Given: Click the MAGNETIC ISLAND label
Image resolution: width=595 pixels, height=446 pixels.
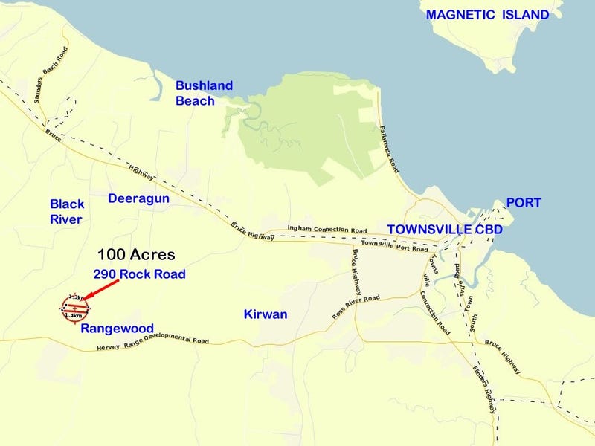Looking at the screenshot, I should coord(488,15).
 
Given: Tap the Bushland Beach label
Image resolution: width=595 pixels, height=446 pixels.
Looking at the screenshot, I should coord(204,93).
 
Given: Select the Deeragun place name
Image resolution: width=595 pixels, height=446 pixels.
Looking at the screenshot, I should coord(139,198).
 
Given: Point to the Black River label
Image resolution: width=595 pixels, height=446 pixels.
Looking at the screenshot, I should coord(67,211).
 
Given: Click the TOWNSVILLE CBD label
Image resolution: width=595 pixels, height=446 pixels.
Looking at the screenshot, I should coord(445,229).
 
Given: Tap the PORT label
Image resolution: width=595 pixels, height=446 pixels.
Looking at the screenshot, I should coord(524,203).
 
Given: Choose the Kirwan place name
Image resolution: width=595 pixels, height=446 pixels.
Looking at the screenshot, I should coord(266,314).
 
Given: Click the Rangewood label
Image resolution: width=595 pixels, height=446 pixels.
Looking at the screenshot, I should coord(117,328).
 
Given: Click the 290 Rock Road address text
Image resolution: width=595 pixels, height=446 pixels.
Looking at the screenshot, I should coord(139,274).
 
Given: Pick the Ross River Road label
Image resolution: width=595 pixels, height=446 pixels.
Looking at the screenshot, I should coord(356,307).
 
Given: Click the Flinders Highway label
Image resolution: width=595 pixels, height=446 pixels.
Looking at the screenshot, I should coord(483,391).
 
